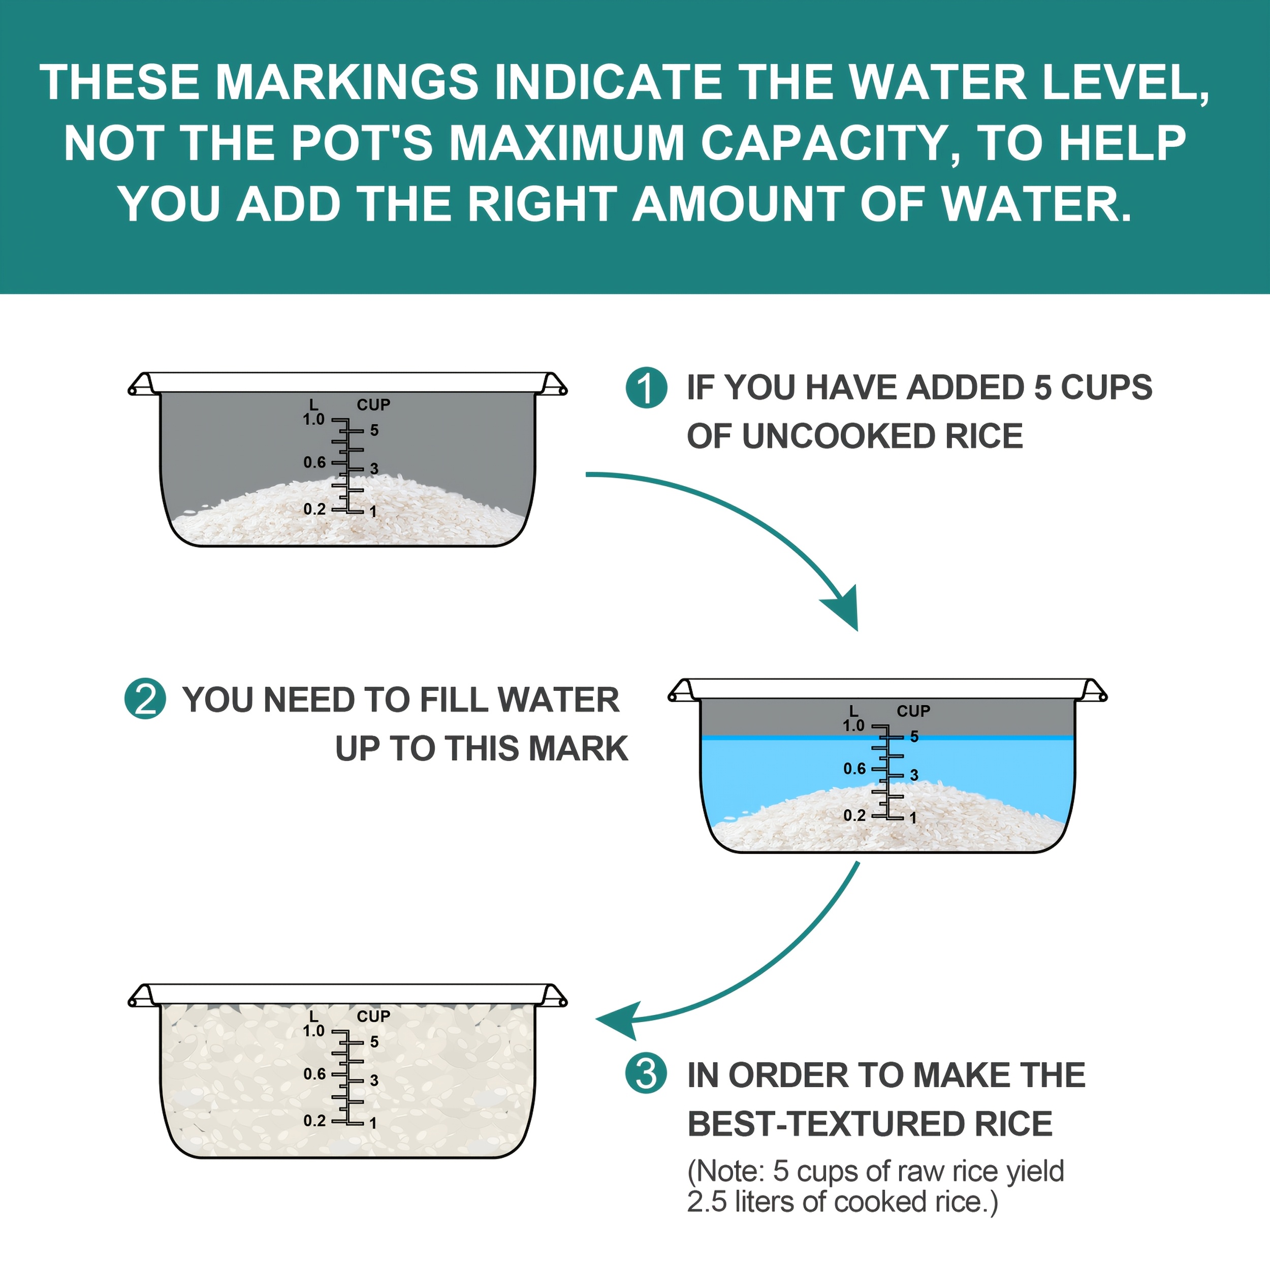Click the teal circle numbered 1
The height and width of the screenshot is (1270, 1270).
(647, 388)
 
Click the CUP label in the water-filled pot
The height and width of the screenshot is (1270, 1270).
(913, 711)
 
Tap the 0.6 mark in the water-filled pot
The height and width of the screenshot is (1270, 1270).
(854, 769)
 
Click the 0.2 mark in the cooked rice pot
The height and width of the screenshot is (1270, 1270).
(314, 1120)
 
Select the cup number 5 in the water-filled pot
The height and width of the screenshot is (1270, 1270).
(914, 737)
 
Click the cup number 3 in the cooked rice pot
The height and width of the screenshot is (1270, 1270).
(374, 1081)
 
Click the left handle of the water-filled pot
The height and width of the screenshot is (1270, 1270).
(682, 691)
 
